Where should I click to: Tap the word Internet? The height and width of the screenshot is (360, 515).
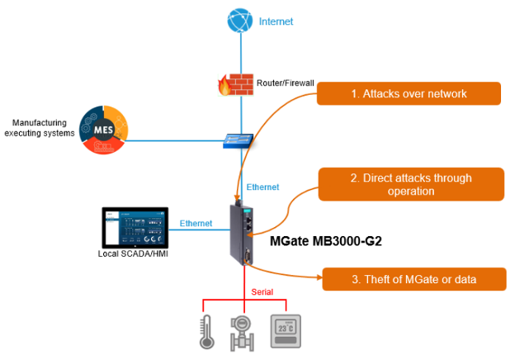[276, 21]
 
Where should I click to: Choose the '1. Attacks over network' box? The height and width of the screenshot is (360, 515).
[409, 94]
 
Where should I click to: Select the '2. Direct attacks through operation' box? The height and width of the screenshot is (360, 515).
[410, 185]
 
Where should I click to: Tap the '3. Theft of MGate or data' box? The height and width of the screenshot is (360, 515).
[413, 279]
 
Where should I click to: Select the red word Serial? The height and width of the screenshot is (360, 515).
[263, 292]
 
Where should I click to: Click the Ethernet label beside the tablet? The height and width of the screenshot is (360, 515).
[196, 224]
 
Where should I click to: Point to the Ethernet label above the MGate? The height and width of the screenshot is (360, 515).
[262, 187]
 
